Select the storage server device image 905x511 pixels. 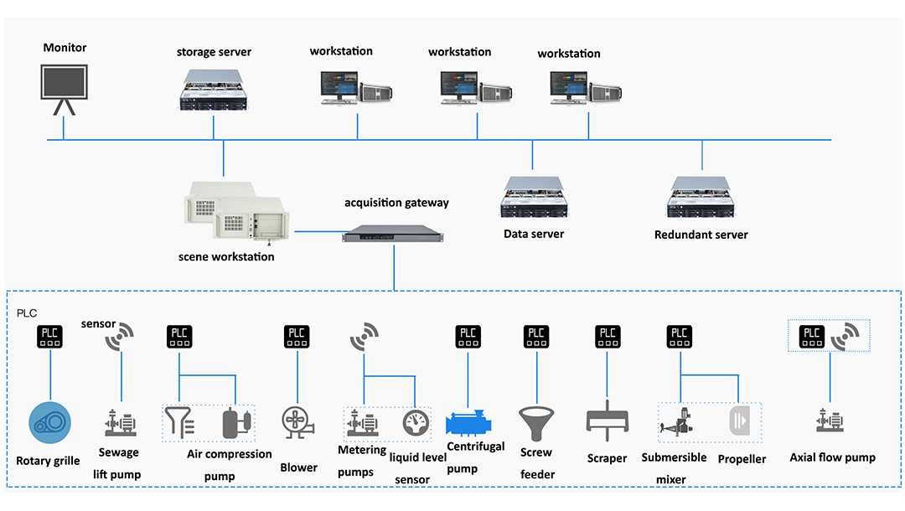[x=214, y=90]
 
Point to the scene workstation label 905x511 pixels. [x=226, y=256]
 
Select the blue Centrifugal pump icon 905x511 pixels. [x=475, y=421]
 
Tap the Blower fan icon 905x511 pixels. [x=297, y=423]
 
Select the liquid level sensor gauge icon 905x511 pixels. [x=415, y=422]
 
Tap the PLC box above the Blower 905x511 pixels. [x=297, y=337]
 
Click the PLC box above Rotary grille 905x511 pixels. [x=51, y=337]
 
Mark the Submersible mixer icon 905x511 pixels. [x=680, y=421]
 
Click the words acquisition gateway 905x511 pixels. [x=396, y=203]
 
